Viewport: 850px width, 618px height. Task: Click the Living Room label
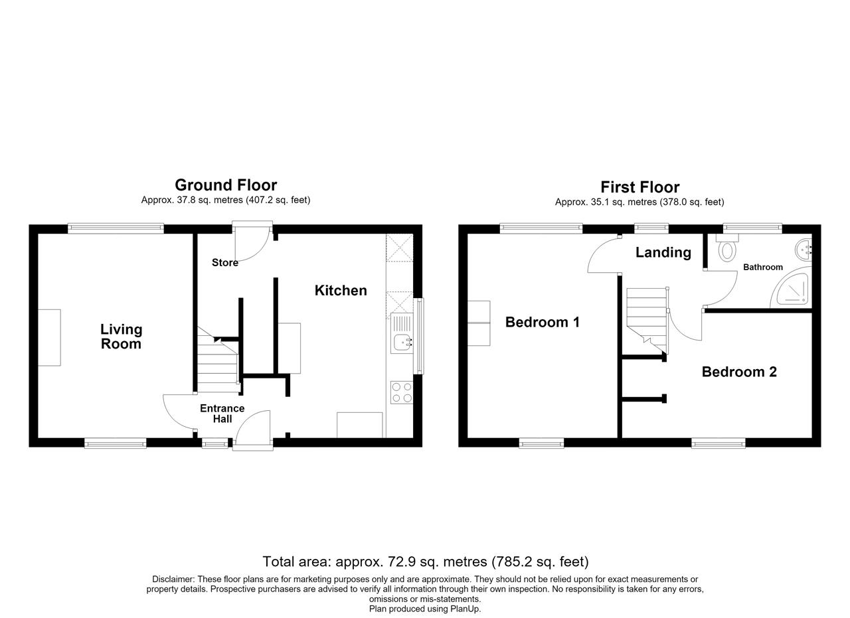click(121, 337)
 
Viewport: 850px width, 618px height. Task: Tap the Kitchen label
click(341, 291)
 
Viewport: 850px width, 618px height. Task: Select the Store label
click(225, 262)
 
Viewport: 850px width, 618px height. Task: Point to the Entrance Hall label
click(222, 414)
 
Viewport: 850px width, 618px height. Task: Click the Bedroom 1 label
click(543, 322)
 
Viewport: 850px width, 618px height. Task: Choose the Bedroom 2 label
click(739, 372)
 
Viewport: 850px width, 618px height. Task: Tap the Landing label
click(663, 253)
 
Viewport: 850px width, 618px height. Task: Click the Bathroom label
click(763, 268)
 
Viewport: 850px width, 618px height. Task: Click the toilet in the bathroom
click(727, 248)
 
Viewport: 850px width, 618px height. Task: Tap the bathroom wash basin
click(804, 250)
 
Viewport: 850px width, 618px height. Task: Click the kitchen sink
click(402, 334)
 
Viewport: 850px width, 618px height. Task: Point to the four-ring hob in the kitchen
click(402, 393)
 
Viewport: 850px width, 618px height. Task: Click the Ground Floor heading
click(226, 185)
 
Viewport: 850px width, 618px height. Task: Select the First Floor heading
click(639, 187)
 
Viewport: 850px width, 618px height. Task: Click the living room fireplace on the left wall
click(49, 338)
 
